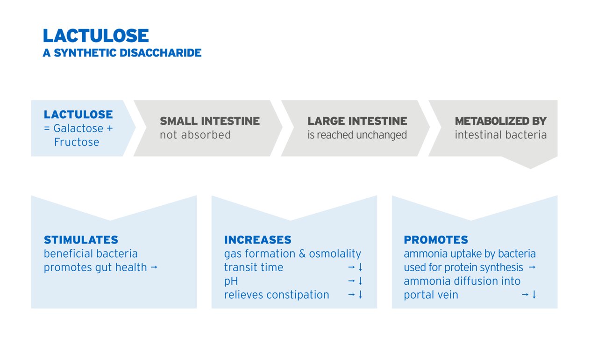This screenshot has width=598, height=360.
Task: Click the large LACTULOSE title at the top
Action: coord(96,36)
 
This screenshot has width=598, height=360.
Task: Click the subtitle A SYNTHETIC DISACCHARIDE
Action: coord(122,53)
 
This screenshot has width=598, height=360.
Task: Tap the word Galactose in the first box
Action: coord(78,129)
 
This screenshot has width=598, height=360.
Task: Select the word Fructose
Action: coord(77,142)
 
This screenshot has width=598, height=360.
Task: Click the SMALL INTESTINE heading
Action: coord(210,121)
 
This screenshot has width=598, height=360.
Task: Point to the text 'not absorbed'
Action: coord(195,135)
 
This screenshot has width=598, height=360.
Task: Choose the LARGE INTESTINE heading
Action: coord(357,121)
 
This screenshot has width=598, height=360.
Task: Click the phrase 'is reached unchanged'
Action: coord(357,135)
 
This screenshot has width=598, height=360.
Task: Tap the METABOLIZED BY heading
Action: coord(501,121)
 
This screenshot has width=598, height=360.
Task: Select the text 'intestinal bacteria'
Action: coord(501,135)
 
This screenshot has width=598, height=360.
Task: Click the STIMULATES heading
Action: coord(81,240)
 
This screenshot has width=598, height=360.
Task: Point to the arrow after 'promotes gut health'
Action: coord(154,267)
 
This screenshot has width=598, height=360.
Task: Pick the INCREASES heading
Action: coord(257,240)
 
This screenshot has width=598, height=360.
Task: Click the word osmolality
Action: coord(335,254)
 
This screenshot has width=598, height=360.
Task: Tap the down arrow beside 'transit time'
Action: coord(360,267)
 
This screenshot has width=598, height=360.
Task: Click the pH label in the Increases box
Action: coord(231,281)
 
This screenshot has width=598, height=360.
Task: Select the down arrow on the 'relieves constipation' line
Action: coord(360,294)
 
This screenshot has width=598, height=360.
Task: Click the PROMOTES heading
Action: coord(436,240)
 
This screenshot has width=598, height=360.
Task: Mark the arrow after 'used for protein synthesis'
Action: coord(532,267)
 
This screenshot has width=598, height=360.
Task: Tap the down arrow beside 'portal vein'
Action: coord(534,294)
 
